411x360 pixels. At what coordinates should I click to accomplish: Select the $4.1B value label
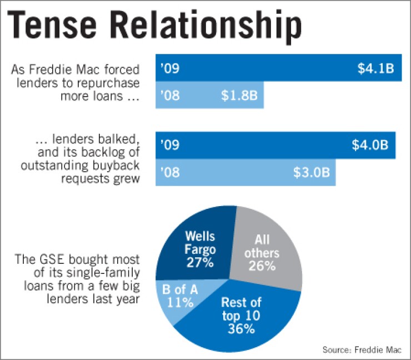pos(375,69)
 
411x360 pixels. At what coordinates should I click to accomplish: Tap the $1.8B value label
pos(239,96)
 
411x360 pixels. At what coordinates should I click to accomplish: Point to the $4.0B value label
pos(370,146)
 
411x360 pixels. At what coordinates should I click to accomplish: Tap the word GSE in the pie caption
pos(52,259)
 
